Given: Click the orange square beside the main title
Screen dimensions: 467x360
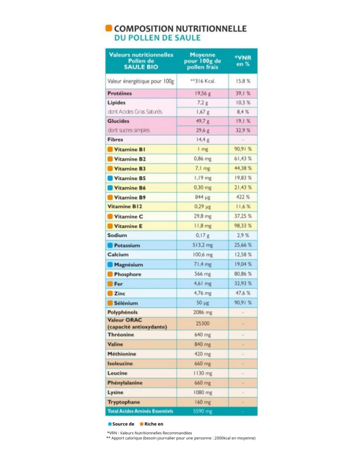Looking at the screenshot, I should coord(109,28).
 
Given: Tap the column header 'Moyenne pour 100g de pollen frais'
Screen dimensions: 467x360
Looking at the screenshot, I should coord(203,60).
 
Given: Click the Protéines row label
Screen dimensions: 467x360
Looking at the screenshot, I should coord(120,93).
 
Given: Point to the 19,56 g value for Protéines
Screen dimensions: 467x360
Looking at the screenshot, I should coord(203,93).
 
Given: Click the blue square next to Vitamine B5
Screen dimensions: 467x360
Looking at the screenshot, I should coord(110,178).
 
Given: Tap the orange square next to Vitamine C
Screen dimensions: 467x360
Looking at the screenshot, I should coord(110,217).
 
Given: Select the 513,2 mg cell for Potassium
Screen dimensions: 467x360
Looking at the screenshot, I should coord(203,245).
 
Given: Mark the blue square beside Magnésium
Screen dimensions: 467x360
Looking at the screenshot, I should coord(110,265).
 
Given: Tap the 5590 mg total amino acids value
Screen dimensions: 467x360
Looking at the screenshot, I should coord(203,411).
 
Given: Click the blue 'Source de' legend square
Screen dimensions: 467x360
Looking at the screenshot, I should coord(110,424).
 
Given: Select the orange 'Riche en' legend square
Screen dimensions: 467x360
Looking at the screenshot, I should coord(141,424).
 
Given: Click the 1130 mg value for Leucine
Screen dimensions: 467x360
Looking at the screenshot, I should coord(203,374).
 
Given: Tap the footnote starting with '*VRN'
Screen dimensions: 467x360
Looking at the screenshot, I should coord(149,433).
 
